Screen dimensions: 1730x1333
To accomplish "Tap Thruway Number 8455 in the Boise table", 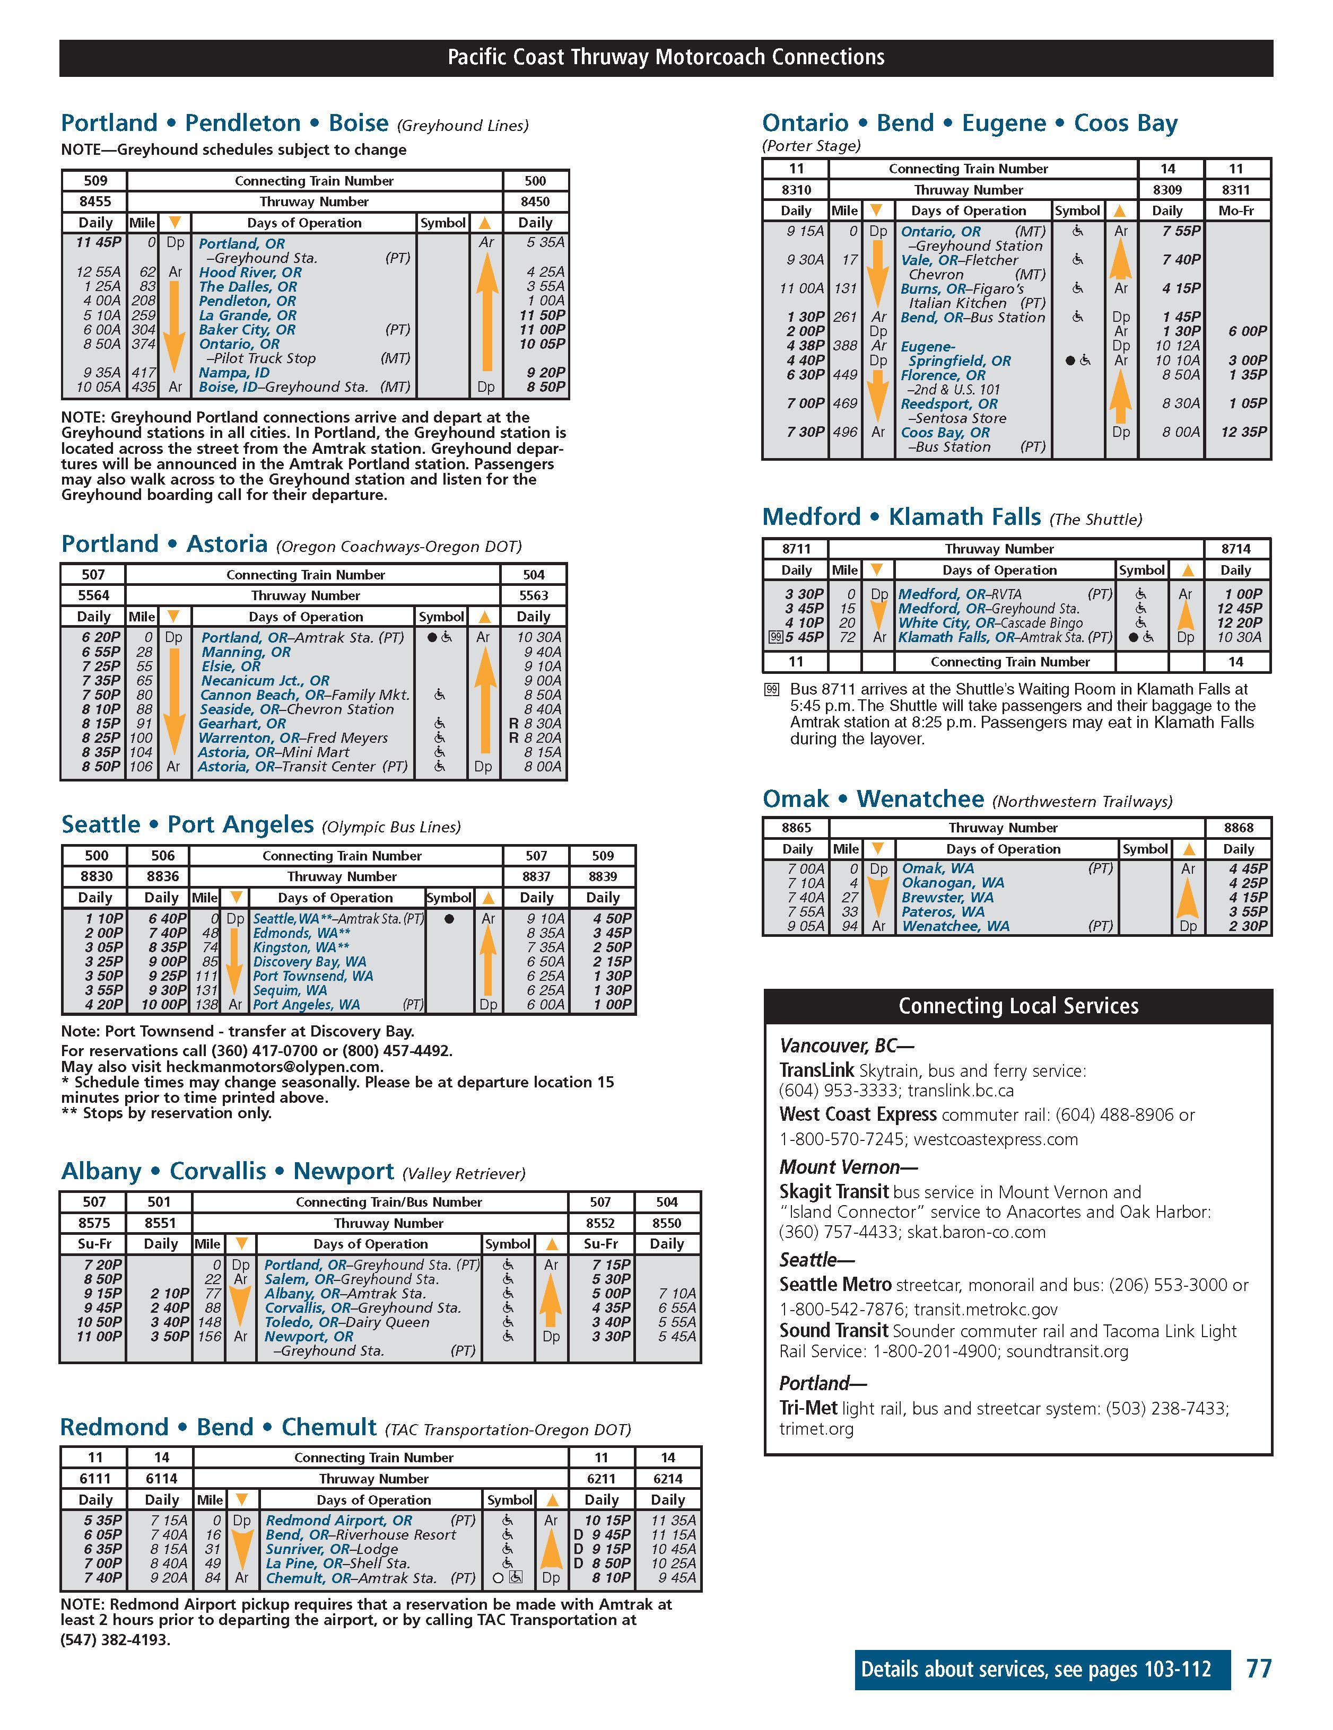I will (x=95, y=201).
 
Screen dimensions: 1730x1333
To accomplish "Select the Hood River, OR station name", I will (x=250, y=271).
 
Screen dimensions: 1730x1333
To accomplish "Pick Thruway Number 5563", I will (x=533, y=595).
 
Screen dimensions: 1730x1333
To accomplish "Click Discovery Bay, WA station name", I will (x=309, y=962).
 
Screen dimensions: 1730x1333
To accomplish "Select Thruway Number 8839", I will (x=602, y=876).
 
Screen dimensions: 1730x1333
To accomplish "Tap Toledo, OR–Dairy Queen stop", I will (x=346, y=1322).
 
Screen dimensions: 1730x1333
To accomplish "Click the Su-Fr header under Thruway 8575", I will (x=94, y=1244).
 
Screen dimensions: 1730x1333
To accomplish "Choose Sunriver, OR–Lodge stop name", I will (x=332, y=1549).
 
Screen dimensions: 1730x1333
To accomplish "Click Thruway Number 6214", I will (x=667, y=1478).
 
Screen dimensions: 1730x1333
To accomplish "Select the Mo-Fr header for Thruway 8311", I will (x=1236, y=210).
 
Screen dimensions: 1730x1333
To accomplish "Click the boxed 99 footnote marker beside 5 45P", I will (x=776, y=637).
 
